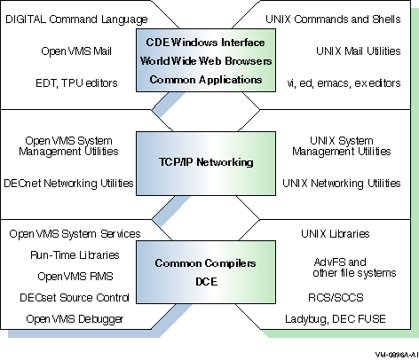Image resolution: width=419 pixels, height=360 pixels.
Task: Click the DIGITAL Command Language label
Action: (76, 20)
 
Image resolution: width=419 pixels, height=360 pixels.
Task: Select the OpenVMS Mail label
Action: (76, 51)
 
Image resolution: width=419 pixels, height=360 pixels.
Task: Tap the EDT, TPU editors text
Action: (76, 83)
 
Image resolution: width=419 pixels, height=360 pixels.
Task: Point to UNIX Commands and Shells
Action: (333, 20)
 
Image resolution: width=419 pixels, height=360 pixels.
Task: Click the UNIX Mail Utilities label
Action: (359, 51)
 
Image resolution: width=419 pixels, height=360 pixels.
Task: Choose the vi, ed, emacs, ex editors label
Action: (344, 83)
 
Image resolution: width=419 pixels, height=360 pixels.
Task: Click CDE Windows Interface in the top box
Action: (205, 43)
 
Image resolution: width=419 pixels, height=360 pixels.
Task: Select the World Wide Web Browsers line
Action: (206, 61)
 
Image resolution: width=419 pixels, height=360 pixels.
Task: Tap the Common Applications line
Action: (206, 80)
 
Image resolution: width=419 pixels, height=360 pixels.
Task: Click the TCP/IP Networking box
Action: (206, 163)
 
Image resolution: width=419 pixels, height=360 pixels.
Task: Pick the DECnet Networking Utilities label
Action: (68, 184)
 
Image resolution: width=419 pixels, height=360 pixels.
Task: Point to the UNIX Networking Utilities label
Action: (342, 184)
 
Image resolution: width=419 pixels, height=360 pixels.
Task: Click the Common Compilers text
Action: (205, 263)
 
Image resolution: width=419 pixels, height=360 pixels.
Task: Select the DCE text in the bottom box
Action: (207, 281)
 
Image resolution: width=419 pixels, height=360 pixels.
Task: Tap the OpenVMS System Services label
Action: (75, 234)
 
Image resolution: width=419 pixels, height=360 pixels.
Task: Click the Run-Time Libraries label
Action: (75, 255)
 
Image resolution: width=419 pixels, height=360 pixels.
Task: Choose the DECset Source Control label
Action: (75, 298)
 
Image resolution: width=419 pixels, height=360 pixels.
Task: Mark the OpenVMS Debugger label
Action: (75, 319)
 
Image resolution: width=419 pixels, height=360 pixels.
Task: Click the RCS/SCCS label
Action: (336, 298)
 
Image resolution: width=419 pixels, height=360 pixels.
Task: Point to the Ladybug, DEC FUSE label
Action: (336, 319)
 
